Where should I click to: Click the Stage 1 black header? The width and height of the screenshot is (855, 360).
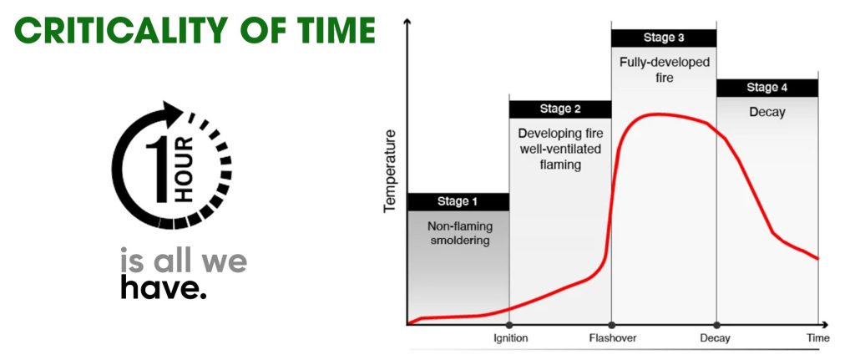(x=458, y=202)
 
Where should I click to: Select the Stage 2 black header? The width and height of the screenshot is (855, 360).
(x=560, y=109)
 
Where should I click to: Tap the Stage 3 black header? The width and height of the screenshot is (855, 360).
(x=664, y=38)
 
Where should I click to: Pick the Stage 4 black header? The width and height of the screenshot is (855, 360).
(x=767, y=88)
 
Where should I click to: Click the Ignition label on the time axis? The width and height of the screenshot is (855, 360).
(x=511, y=338)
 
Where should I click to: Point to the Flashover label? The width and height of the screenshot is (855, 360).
(x=613, y=338)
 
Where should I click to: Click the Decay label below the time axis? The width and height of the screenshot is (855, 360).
(x=715, y=338)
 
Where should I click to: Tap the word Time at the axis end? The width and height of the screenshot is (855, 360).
(x=818, y=338)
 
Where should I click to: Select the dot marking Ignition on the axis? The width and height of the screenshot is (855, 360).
(x=509, y=325)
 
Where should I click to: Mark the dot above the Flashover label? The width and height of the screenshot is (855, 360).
(x=611, y=325)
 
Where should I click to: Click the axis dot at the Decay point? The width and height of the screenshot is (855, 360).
(x=716, y=325)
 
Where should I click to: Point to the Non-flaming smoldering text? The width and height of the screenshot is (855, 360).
(x=460, y=233)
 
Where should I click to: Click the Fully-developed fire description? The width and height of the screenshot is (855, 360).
(x=665, y=70)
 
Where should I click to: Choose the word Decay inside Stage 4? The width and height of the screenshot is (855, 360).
(x=767, y=113)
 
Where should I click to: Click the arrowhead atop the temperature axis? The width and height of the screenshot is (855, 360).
(x=407, y=23)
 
